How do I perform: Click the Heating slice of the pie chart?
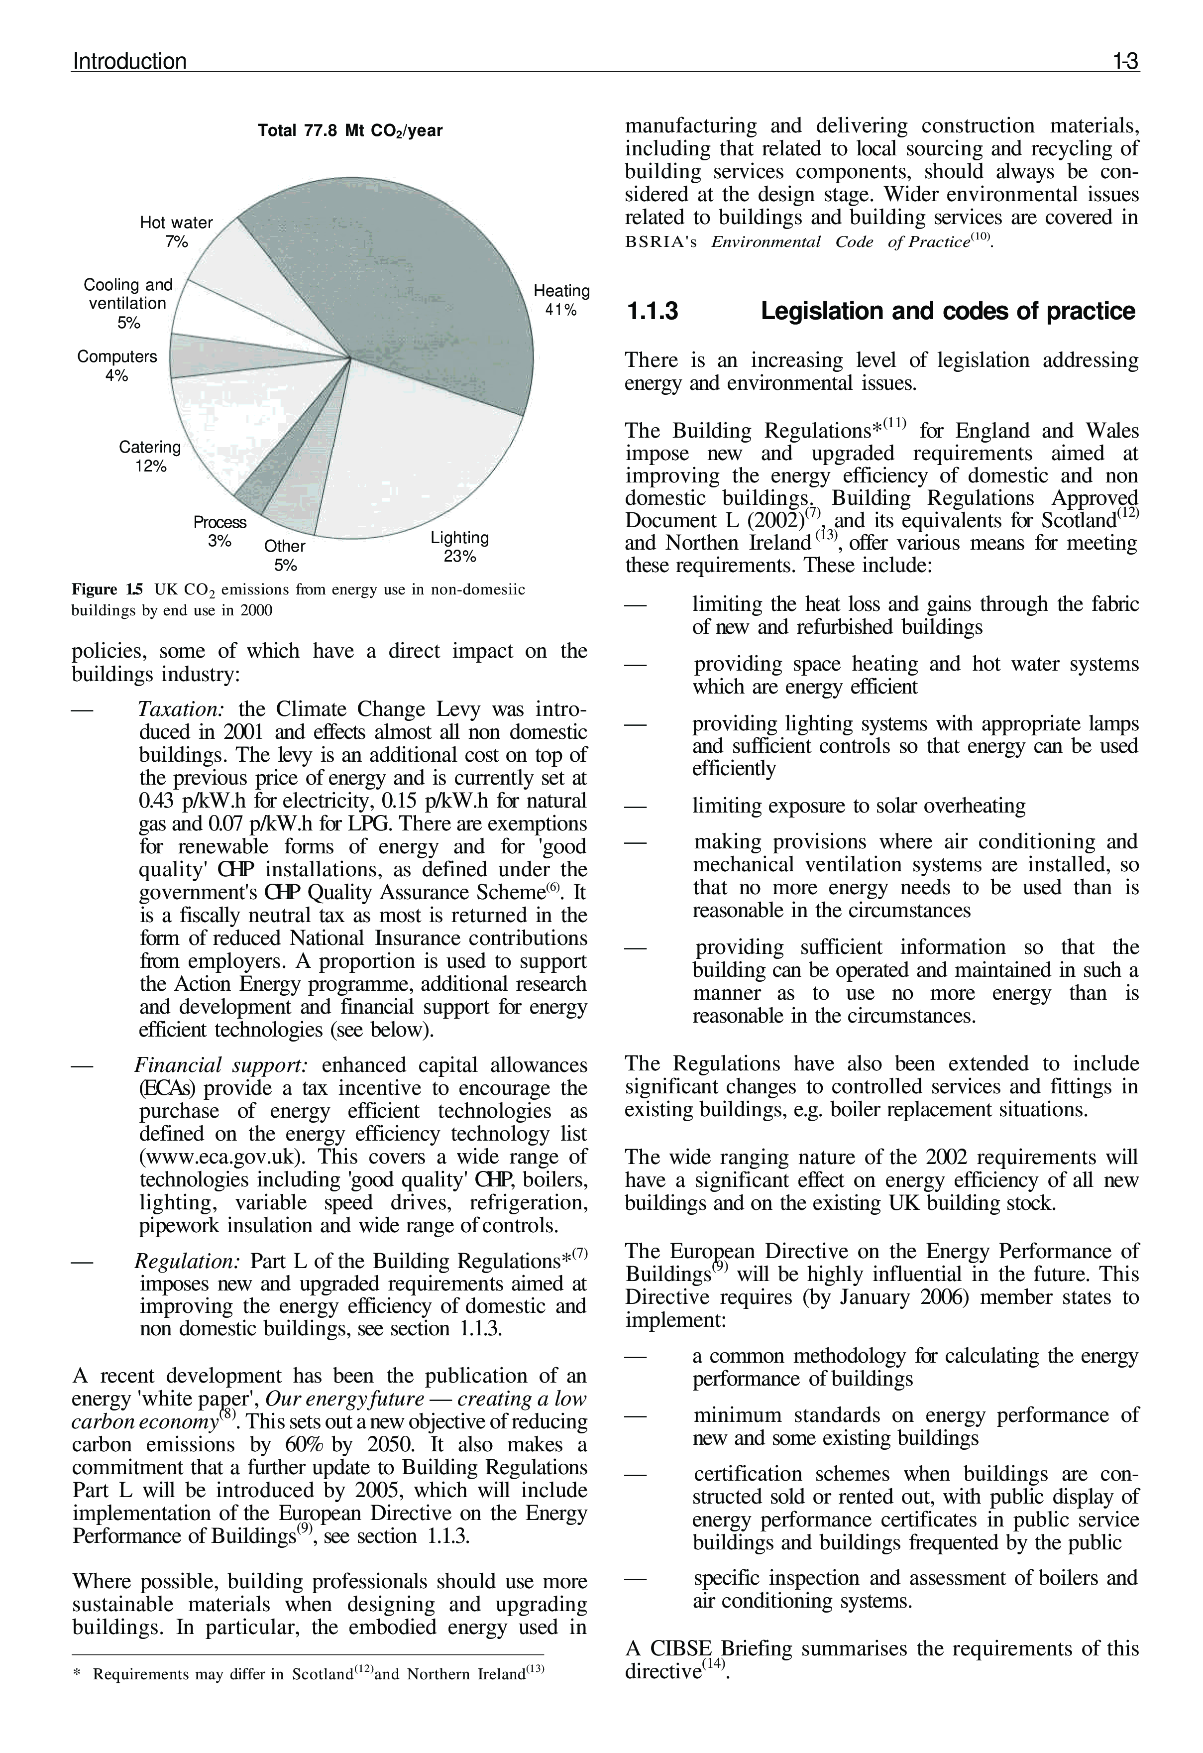click(423, 287)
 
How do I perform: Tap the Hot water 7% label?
click(177, 232)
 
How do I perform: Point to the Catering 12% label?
click(150, 457)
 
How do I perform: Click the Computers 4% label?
click(117, 366)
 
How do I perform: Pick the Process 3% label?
click(219, 531)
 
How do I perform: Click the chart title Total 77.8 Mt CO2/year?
click(350, 131)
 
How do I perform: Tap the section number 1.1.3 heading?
click(653, 312)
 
